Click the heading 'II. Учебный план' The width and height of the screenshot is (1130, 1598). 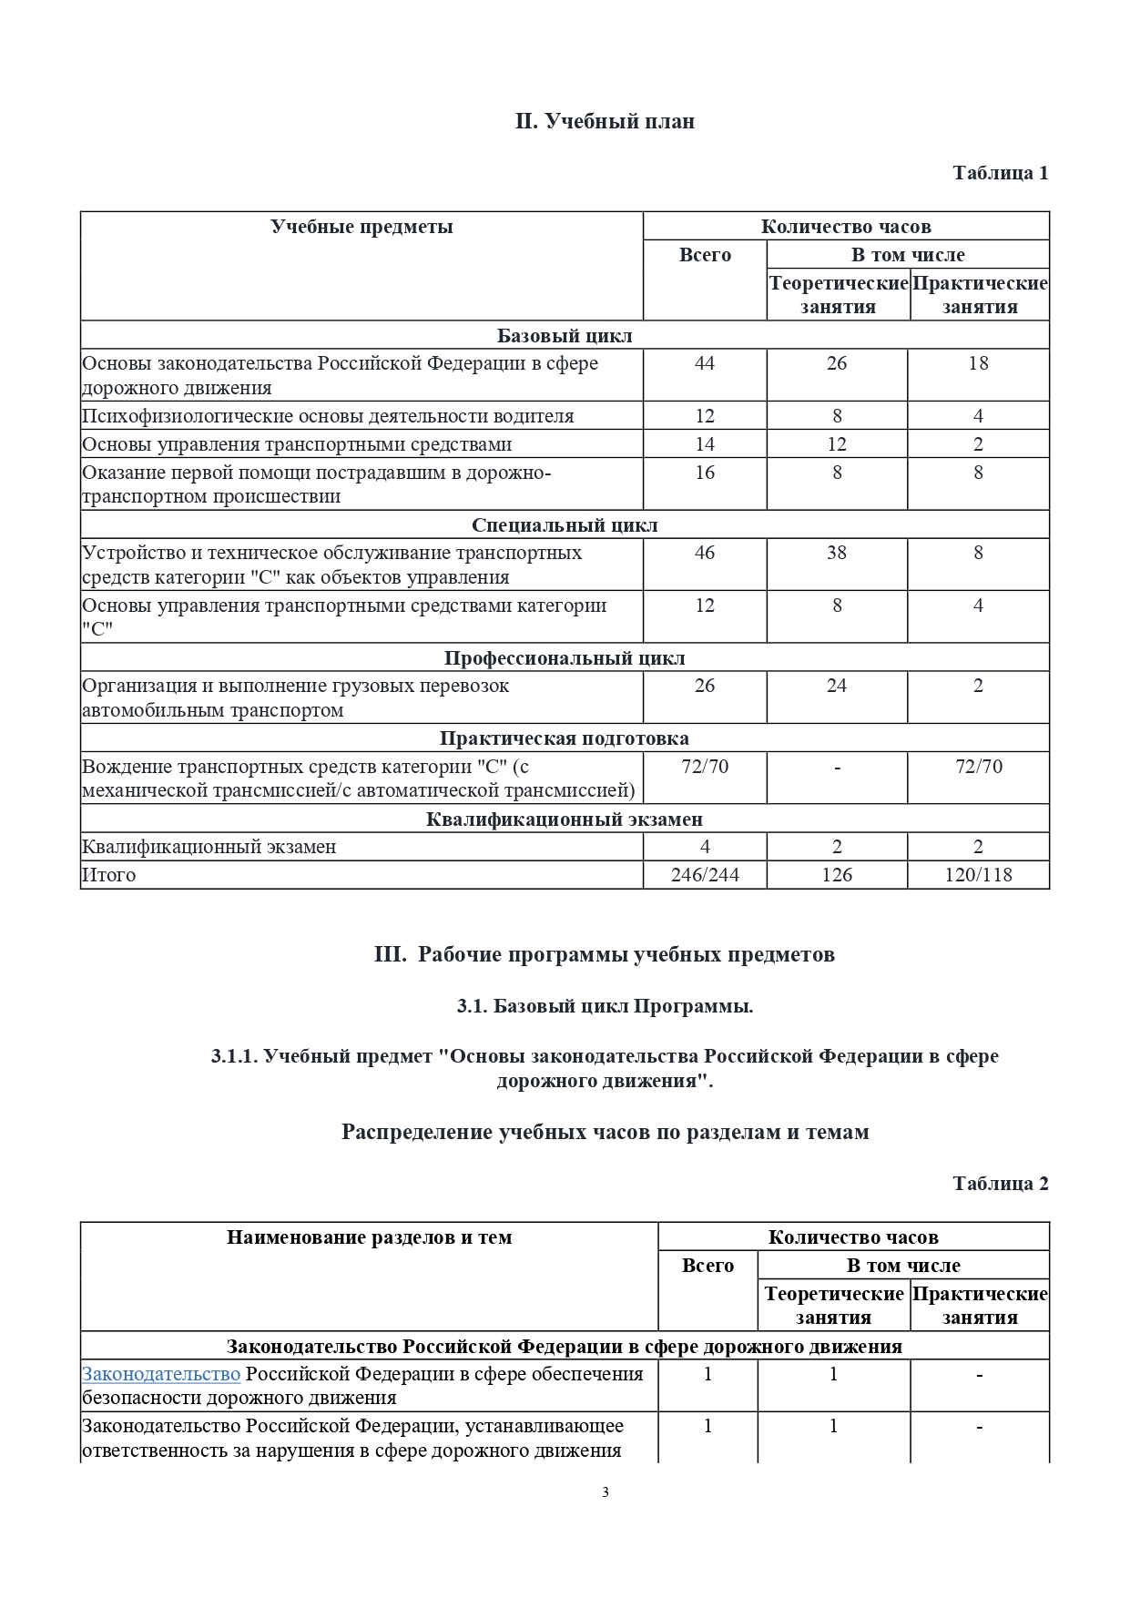coord(605,121)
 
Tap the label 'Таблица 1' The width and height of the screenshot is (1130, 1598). coord(1000,173)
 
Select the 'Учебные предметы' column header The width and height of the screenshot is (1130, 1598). coord(361,227)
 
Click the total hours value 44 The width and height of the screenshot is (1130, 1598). coord(704,363)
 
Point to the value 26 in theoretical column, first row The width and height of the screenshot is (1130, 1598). coord(836,363)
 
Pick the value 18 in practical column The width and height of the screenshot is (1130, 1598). coord(978,363)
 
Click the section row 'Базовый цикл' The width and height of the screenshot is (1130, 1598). coord(565,335)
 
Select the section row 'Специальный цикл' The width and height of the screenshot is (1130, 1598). coord(565,525)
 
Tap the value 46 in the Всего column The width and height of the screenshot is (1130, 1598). coord(704,553)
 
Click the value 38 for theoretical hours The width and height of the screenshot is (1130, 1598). coord(836,553)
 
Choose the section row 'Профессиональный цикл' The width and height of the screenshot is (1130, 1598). coord(565,658)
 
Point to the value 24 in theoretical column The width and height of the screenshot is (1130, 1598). coord(836,686)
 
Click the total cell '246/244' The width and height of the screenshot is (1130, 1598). coord(704,875)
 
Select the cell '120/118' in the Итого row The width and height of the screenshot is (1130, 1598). coord(978,875)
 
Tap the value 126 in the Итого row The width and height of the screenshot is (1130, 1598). coord(836,875)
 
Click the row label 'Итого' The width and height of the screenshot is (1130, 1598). coord(109,875)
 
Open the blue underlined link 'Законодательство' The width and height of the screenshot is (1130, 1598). coord(161,1374)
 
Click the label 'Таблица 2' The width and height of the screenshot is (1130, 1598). coord(1000,1184)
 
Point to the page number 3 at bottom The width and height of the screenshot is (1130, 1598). coord(605,1492)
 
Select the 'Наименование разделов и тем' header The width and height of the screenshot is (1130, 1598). coord(369,1237)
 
